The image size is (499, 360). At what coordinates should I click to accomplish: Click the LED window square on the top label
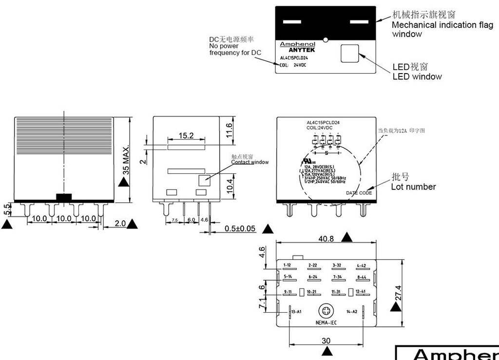point(349,53)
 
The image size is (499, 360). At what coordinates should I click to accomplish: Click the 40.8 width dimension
point(326,239)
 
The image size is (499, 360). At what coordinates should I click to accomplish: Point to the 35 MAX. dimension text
point(126,159)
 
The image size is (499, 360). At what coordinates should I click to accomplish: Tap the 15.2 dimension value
point(186,136)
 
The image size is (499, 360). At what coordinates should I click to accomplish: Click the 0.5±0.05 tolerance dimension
point(240,228)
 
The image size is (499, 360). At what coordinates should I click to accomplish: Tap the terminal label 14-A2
point(352,311)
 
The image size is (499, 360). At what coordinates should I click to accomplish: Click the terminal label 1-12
point(287,265)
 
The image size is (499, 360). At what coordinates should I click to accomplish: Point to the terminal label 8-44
point(362,277)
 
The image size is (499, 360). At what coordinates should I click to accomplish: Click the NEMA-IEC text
point(326,322)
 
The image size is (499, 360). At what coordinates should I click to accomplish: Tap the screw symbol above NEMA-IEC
point(326,311)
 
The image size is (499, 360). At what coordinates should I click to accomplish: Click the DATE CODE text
point(359,193)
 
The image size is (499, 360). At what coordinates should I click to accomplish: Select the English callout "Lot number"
point(413,187)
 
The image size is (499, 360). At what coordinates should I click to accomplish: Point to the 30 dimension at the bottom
point(326,341)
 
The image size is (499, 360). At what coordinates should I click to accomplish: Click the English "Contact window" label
point(249,162)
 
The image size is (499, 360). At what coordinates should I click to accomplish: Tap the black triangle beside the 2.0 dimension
point(132,224)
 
